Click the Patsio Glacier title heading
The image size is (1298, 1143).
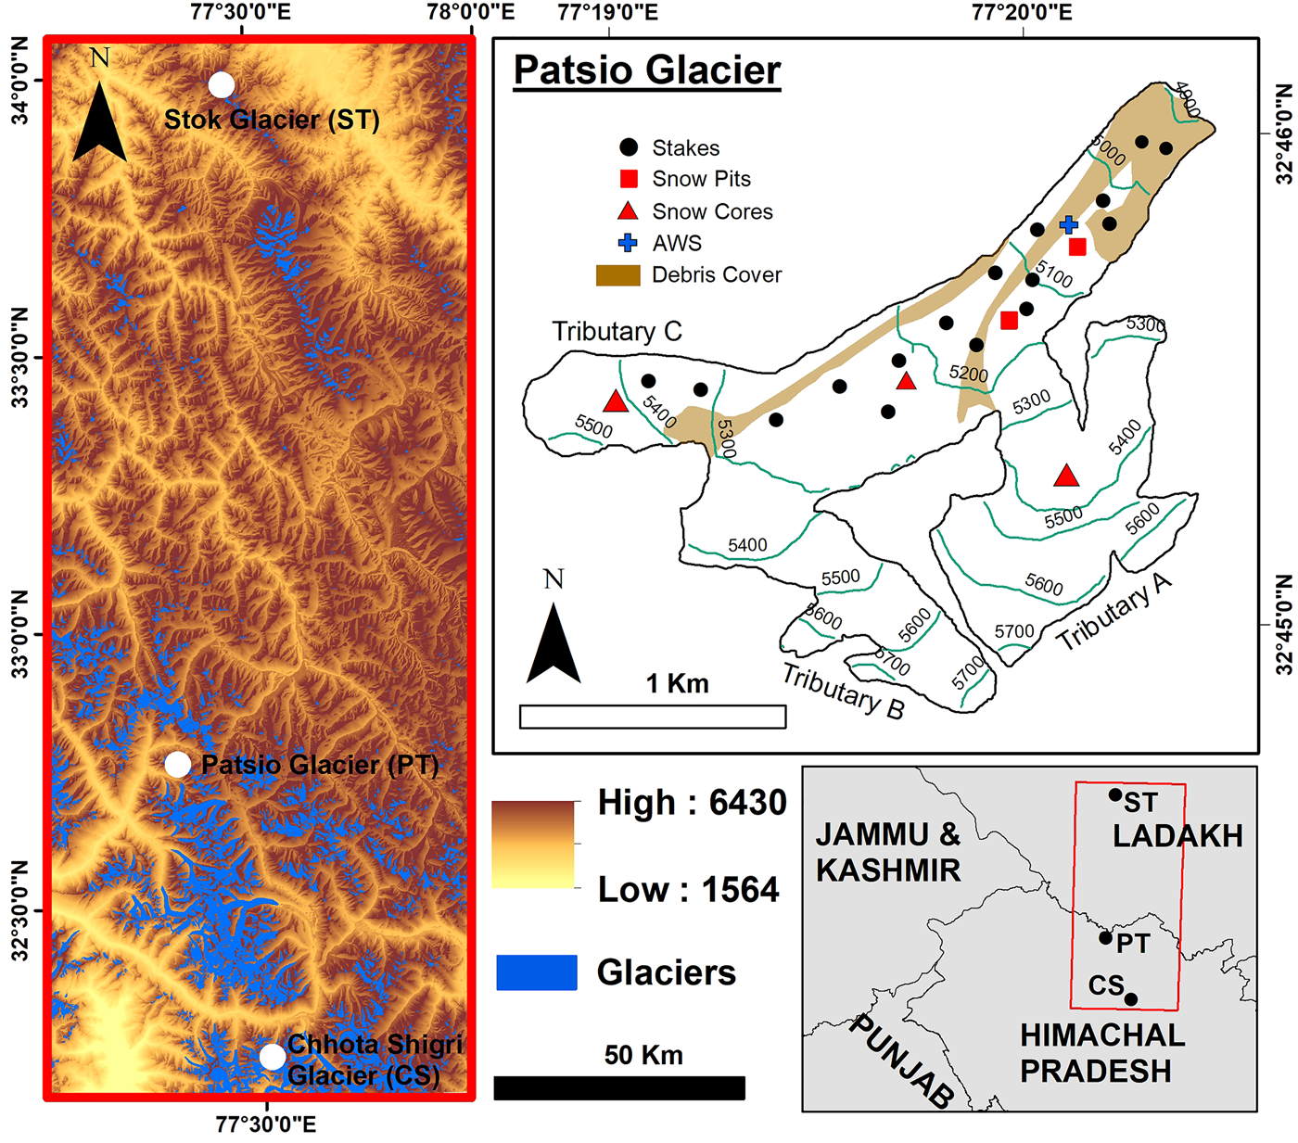click(x=647, y=70)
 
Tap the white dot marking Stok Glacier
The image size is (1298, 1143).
click(x=221, y=85)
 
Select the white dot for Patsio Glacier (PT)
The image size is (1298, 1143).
click(x=178, y=765)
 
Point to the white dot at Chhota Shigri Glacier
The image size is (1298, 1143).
click(x=272, y=1057)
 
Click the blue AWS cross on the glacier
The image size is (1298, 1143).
click(x=1069, y=224)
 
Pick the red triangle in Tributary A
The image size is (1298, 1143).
click(x=1066, y=476)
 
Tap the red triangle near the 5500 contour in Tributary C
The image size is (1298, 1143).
click(x=615, y=402)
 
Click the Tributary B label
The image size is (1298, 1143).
click(x=842, y=691)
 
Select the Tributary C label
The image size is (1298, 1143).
click(x=617, y=331)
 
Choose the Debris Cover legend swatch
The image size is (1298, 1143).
click(x=617, y=275)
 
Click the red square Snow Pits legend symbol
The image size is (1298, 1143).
click(x=629, y=179)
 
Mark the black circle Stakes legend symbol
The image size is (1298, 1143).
click(x=629, y=147)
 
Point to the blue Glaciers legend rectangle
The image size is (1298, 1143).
click(x=536, y=972)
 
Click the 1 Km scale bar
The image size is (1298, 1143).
click(x=653, y=717)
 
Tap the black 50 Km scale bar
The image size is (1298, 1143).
click(x=618, y=1088)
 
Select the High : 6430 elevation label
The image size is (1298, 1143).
click(x=692, y=803)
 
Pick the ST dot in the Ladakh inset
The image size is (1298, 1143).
click(x=1114, y=794)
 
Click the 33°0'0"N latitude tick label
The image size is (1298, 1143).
click(x=20, y=635)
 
